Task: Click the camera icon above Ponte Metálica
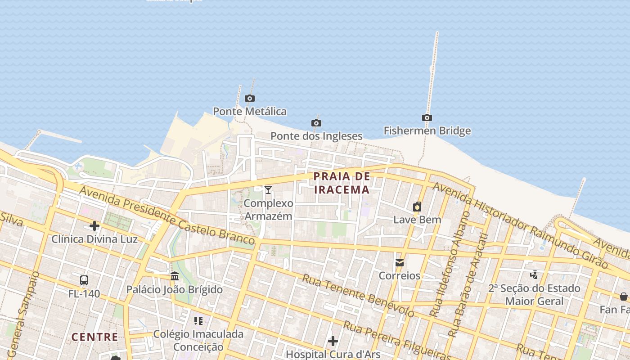(250, 98)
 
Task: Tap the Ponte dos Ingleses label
(316, 136)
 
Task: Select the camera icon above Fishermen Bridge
(427, 118)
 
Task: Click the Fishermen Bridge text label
(427, 131)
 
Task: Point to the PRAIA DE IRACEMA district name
(342, 183)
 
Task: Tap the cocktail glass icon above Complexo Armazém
(268, 190)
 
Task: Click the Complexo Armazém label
(268, 210)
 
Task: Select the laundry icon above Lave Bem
(417, 207)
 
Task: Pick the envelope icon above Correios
(399, 263)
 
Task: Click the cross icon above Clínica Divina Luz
(94, 225)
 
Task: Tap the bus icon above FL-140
(84, 280)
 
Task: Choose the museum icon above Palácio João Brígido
(175, 276)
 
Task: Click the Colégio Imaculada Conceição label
(198, 340)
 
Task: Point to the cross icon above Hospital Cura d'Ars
(333, 341)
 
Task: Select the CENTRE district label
(95, 337)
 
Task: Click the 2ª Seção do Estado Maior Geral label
(534, 295)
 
